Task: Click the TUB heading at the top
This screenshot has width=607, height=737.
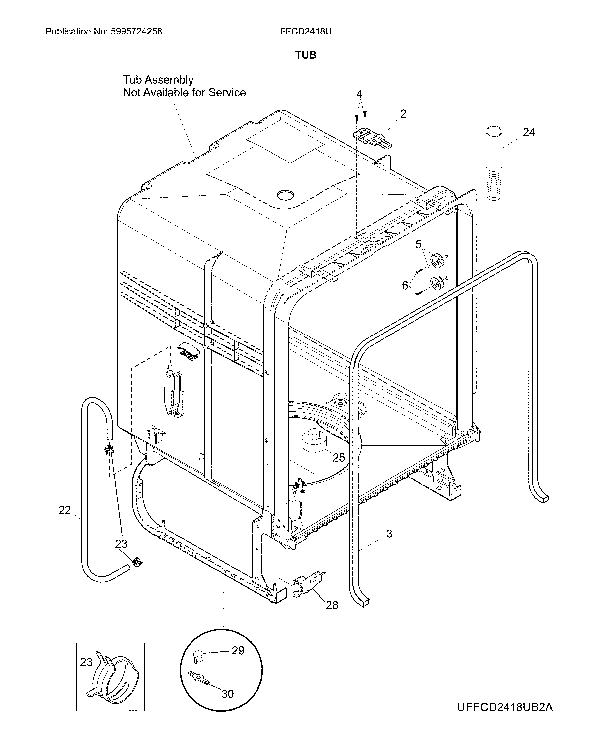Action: [306, 55]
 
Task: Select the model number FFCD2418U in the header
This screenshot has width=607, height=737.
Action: [305, 32]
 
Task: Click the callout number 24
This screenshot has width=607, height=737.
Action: [528, 132]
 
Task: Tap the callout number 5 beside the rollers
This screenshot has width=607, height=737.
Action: [418, 244]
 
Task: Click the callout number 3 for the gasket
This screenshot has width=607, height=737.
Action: [389, 534]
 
